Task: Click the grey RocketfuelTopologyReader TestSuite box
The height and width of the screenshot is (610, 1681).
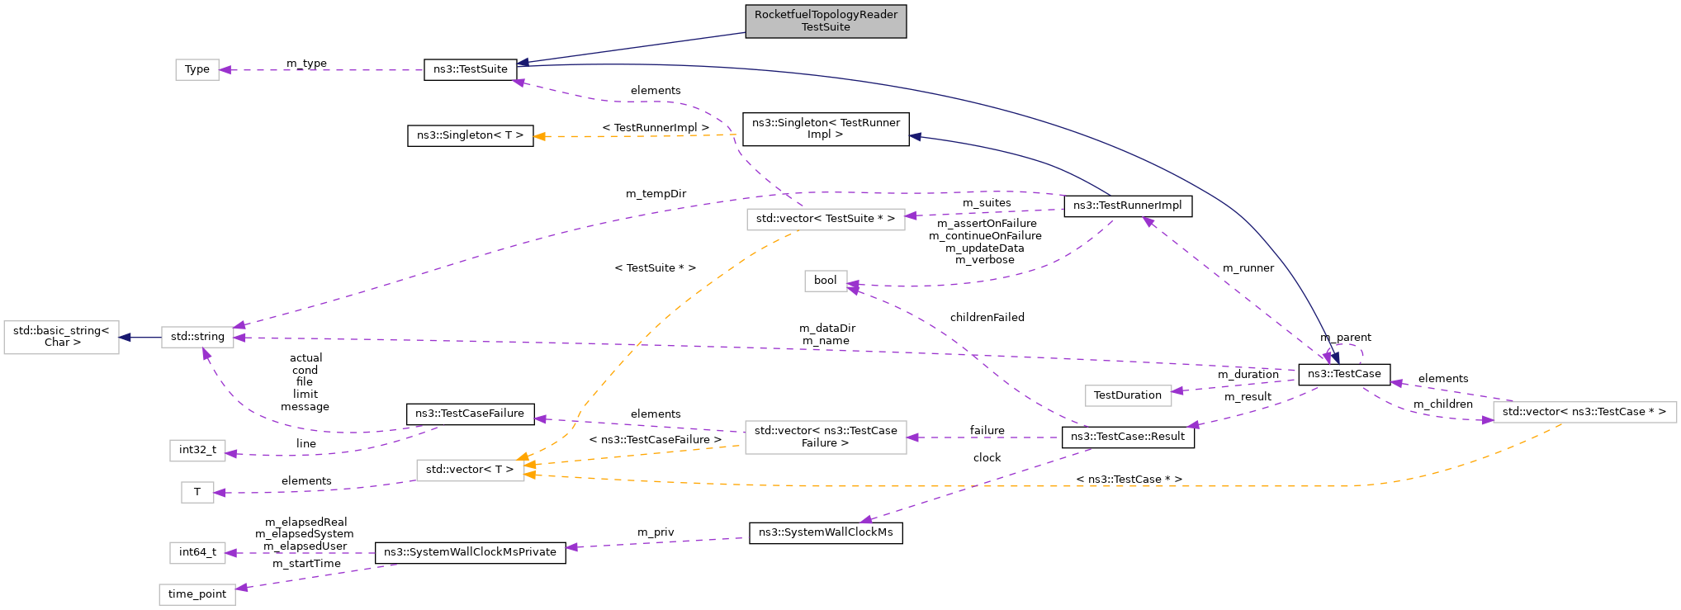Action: point(825,21)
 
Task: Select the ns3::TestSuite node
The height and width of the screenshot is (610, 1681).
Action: point(470,69)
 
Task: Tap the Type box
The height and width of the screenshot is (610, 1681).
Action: point(197,69)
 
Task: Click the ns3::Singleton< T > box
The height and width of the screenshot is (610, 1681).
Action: point(470,135)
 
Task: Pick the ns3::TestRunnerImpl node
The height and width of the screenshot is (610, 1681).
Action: point(1127,206)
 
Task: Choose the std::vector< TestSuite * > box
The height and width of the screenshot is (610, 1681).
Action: point(825,219)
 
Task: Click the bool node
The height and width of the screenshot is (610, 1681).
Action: point(825,281)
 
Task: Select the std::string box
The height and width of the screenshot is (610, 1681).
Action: point(197,337)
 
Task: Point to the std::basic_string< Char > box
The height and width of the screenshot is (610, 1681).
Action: point(61,337)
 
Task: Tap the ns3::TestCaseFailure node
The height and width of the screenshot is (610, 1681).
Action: point(470,414)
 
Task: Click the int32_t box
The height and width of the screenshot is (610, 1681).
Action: point(197,450)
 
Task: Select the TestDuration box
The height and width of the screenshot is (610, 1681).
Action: point(1127,395)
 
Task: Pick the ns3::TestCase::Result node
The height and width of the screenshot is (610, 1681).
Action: point(1127,437)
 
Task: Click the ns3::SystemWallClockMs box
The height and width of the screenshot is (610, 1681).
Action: point(825,532)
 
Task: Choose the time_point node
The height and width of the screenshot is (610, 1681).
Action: point(197,594)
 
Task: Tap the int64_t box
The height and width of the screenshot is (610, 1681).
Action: point(197,552)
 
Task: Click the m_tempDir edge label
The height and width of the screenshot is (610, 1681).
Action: point(656,194)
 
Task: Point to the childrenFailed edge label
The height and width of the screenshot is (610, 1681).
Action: point(987,318)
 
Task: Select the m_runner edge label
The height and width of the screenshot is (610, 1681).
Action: point(1248,268)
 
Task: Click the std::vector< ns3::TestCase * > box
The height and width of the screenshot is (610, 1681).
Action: point(1584,412)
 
